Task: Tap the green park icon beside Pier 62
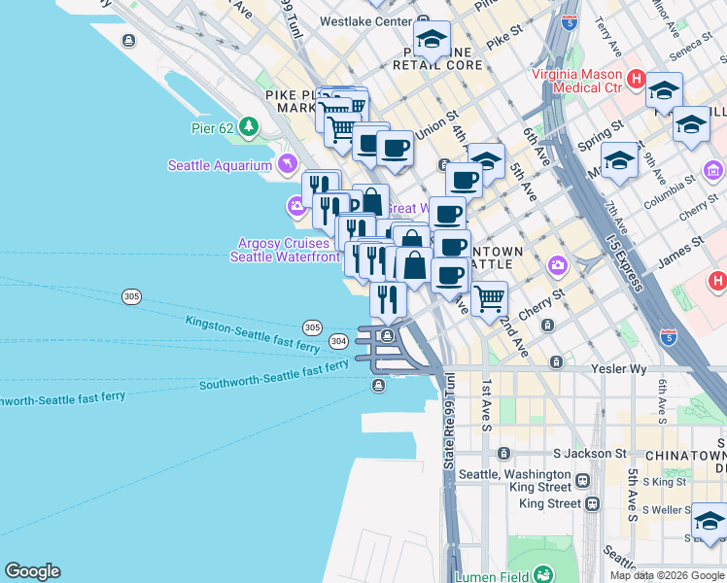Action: coord(249,126)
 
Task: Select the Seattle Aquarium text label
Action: coord(221,165)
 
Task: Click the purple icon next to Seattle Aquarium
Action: coord(287,164)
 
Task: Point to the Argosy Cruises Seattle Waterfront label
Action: coord(285,250)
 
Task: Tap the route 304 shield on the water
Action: coord(338,341)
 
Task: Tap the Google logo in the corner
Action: coord(32,571)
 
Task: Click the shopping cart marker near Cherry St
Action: coord(489,297)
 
